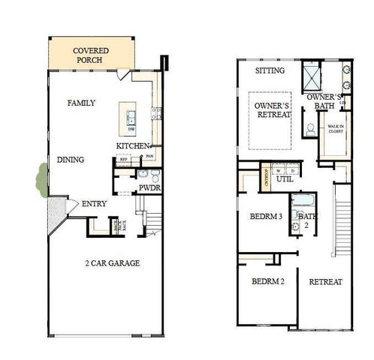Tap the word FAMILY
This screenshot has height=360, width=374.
(x=80, y=103)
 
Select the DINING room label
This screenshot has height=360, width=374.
(x=70, y=159)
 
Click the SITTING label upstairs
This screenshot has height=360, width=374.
(x=270, y=70)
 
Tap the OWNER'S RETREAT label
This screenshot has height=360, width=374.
(x=271, y=110)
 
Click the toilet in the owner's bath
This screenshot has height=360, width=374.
(x=309, y=128)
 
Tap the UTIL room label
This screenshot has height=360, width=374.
(x=284, y=180)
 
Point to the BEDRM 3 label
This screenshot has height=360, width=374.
(x=265, y=217)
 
